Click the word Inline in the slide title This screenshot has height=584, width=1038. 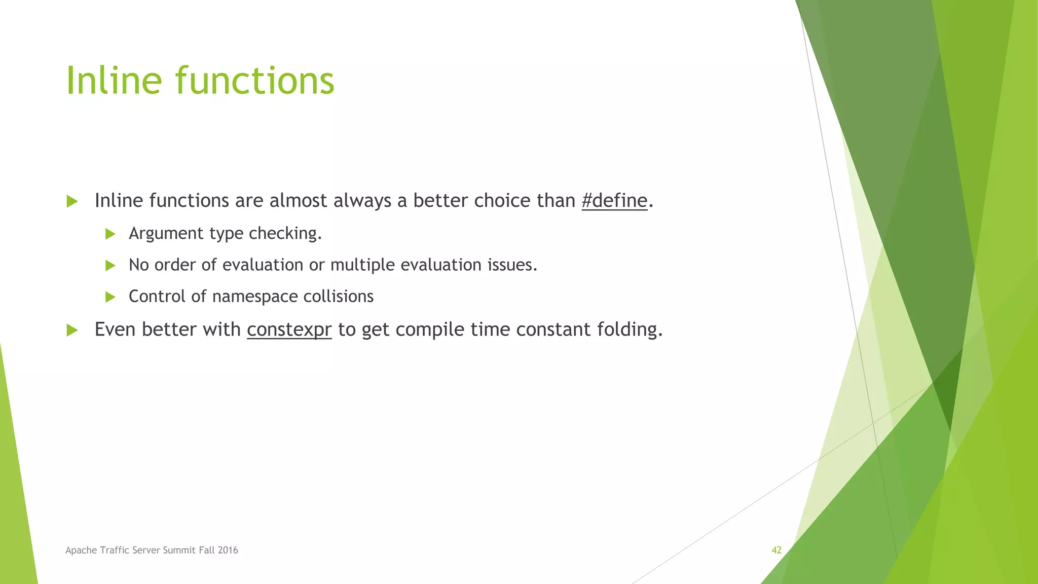[x=114, y=81]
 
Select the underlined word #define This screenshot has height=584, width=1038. [x=614, y=201]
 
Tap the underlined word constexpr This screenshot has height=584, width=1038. [x=289, y=330]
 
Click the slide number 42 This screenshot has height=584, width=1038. [x=776, y=550]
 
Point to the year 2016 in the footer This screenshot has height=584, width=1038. [x=228, y=550]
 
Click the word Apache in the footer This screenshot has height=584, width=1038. [x=81, y=550]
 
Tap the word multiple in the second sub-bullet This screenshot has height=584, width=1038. [x=362, y=265]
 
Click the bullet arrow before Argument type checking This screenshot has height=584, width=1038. [x=110, y=234]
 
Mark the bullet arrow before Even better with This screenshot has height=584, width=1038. [x=72, y=331]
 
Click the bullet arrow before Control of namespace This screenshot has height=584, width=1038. [x=110, y=297]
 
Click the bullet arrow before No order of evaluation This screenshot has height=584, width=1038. [x=110, y=265]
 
